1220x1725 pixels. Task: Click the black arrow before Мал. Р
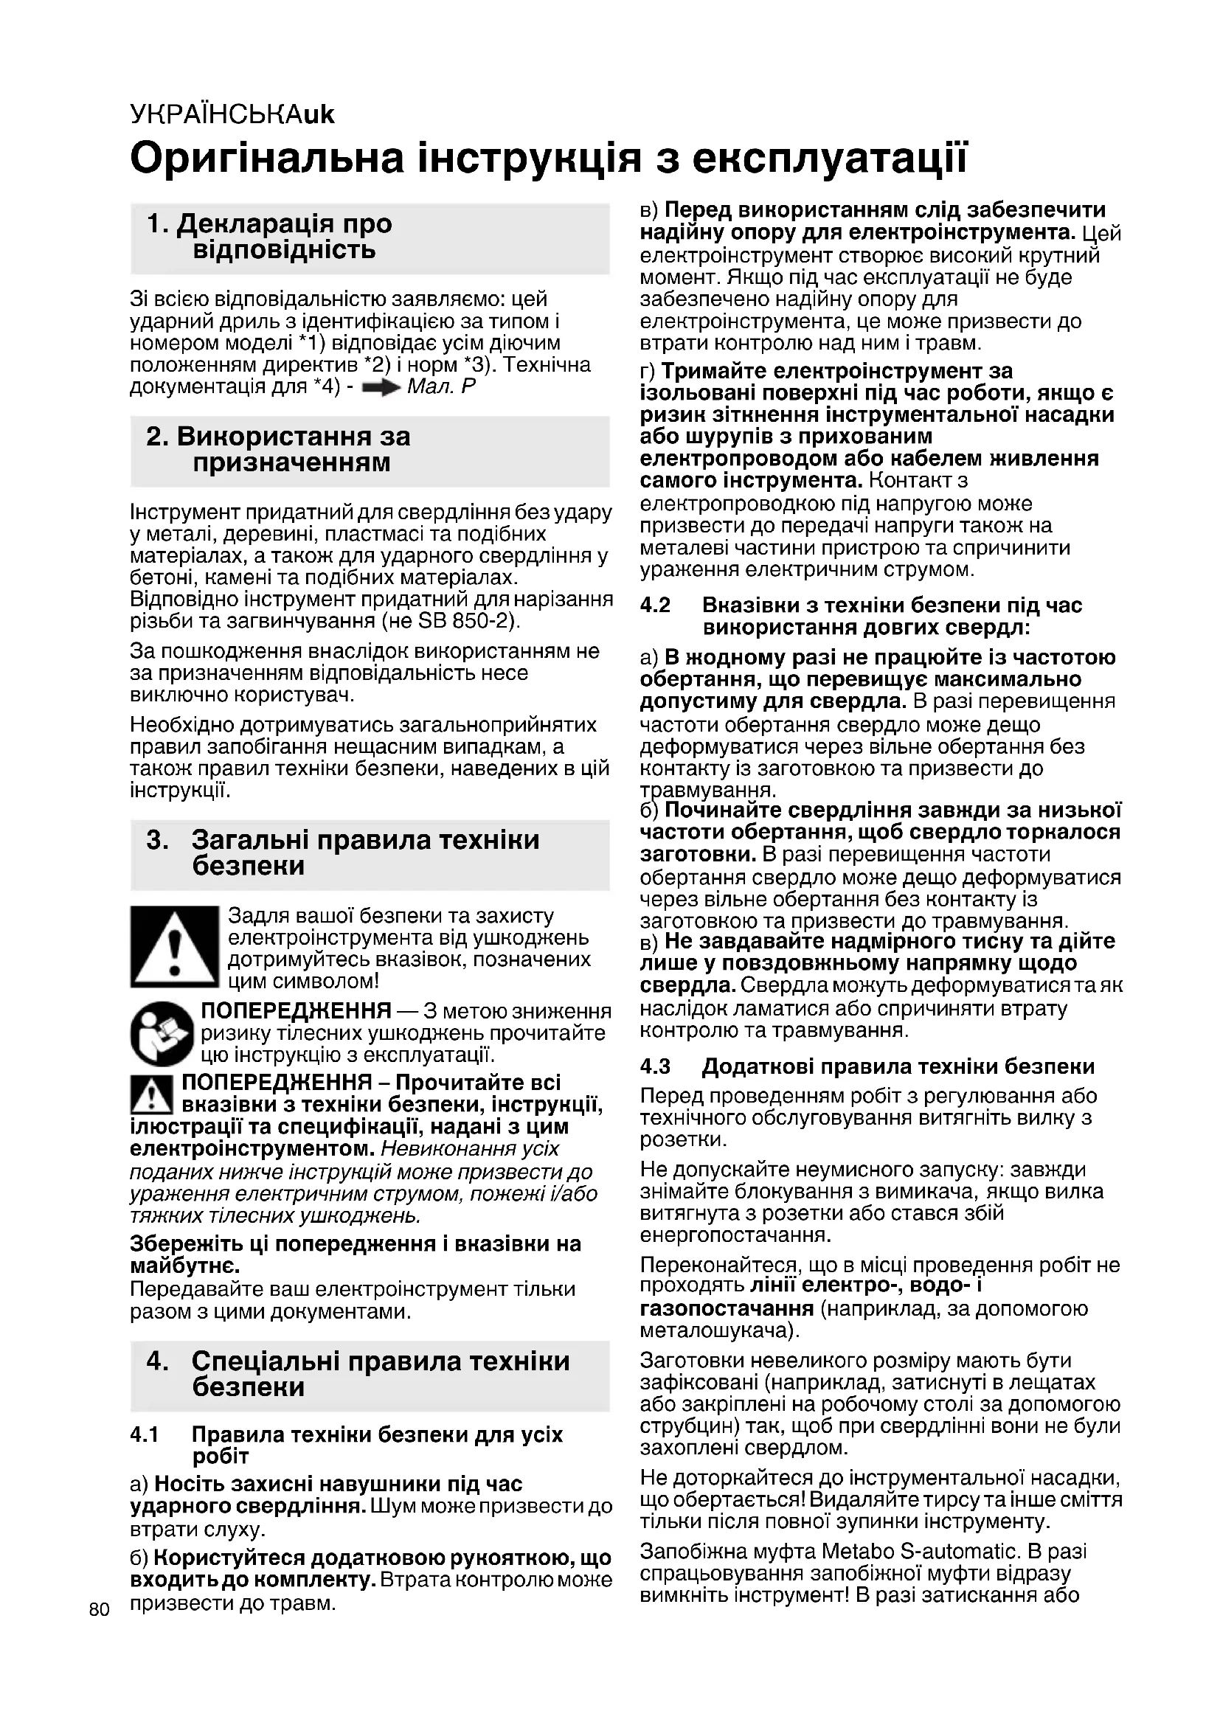(x=381, y=389)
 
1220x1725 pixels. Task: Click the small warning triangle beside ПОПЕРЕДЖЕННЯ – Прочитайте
(x=152, y=1094)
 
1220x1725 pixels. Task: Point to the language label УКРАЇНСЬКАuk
(x=232, y=114)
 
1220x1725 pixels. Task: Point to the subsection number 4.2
(x=655, y=605)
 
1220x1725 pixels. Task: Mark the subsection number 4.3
(x=655, y=1067)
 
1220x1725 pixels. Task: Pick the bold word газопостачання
(x=727, y=1309)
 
